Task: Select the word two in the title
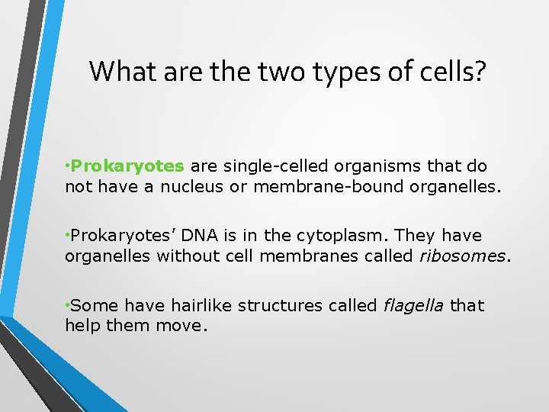[276, 72]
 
